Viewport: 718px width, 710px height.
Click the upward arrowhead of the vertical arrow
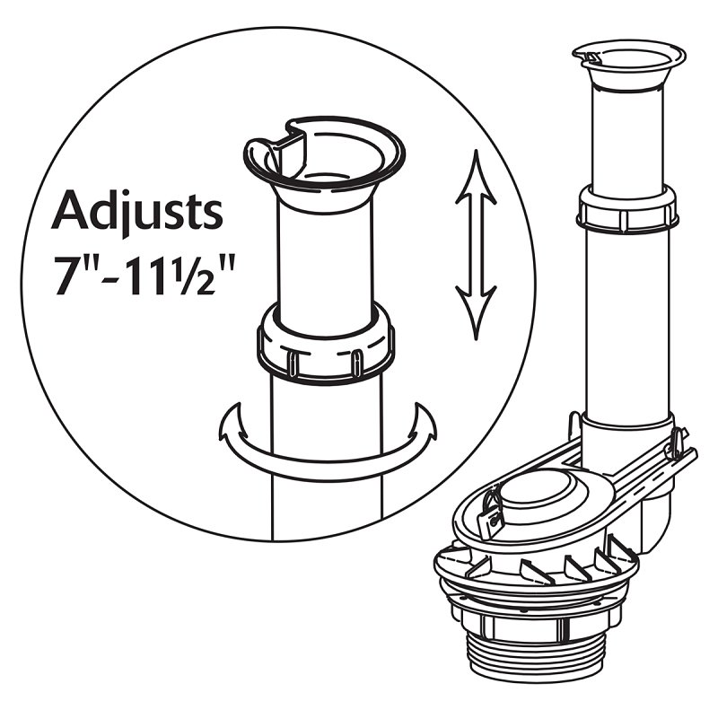[x=476, y=176]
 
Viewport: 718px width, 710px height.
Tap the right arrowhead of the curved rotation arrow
[x=421, y=422]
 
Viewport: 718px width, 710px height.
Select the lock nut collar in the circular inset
[x=326, y=344]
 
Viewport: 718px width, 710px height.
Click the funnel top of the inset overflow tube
[x=324, y=165]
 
